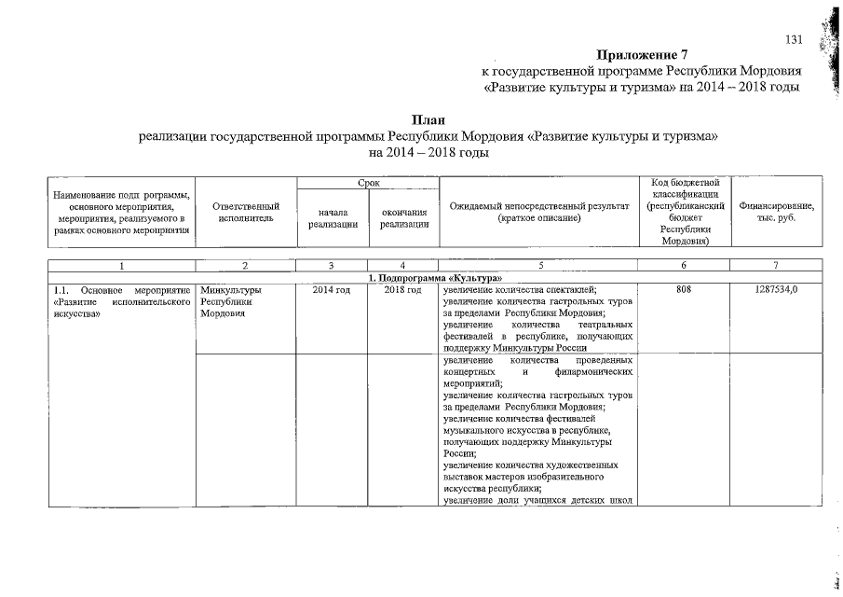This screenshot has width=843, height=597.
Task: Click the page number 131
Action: (794, 39)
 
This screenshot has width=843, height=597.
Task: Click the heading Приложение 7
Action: (640, 54)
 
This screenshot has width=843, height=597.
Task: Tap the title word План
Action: (428, 119)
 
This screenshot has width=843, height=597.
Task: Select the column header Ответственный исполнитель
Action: (246, 212)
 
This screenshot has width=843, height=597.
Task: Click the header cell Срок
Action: (367, 184)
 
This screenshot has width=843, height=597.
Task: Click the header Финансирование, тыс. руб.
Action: (776, 212)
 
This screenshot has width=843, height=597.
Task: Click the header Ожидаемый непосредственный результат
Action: (539, 212)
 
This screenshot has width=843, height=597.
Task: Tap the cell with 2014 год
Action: (332, 291)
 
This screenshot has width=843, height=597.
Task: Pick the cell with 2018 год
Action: (403, 291)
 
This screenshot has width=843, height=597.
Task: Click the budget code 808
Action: (684, 291)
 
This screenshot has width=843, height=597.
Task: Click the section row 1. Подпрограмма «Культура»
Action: (429, 279)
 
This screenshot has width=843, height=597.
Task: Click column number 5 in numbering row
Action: (539, 266)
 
